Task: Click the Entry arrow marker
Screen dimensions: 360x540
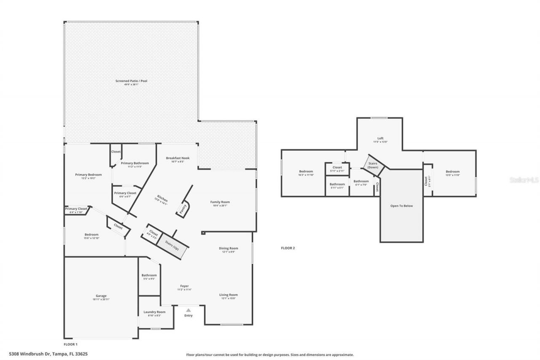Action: [189, 310]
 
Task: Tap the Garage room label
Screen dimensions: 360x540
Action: [101, 296]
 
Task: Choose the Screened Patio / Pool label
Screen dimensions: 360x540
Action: [131, 81]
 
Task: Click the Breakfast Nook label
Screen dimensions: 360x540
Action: [178, 158]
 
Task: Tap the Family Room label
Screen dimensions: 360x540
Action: [220, 202]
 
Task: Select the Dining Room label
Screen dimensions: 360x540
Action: [228, 249]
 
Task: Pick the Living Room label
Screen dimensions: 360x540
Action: [228, 295]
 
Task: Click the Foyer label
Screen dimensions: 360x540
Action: [184, 286]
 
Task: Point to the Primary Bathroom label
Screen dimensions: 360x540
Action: [135, 163]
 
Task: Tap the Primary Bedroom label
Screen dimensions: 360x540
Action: [88, 175]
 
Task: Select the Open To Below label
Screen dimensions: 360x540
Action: [401, 206]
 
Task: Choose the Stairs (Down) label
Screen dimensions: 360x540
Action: [373, 165]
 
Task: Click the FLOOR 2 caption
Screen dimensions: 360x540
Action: [288, 248]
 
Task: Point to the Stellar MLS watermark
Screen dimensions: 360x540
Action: [524, 180]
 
